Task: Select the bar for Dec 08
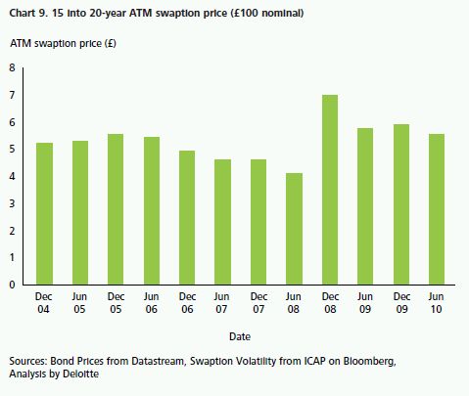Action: click(x=330, y=190)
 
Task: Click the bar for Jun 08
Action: click(x=294, y=229)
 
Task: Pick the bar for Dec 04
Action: click(x=44, y=214)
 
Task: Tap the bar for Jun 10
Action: click(x=437, y=209)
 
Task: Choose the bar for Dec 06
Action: click(x=187, y=218)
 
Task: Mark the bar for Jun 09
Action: click(x=365, y=206)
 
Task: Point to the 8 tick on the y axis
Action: click(x=13, y=67)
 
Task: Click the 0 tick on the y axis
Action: click(x=13, y=285)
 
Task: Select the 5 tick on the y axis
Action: click(x=13, y=150)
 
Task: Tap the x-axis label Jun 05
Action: click(x=79, y=302)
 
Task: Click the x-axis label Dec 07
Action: click(x=258, y=302)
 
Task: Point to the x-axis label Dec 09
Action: click(x=401, y=302)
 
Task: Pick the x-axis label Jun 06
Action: click(x=151, y=302)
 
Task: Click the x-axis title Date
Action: click(x=240, y=336)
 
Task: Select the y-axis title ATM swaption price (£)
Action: click(x=63, y=43)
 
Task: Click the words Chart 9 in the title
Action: click(x=27, y=13)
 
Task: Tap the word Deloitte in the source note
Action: click(x=80, y=374)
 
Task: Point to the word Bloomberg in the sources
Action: click(x=369, y=361)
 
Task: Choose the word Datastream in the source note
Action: click(x=158, y=361)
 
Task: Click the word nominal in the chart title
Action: click(x=283, y=13)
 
